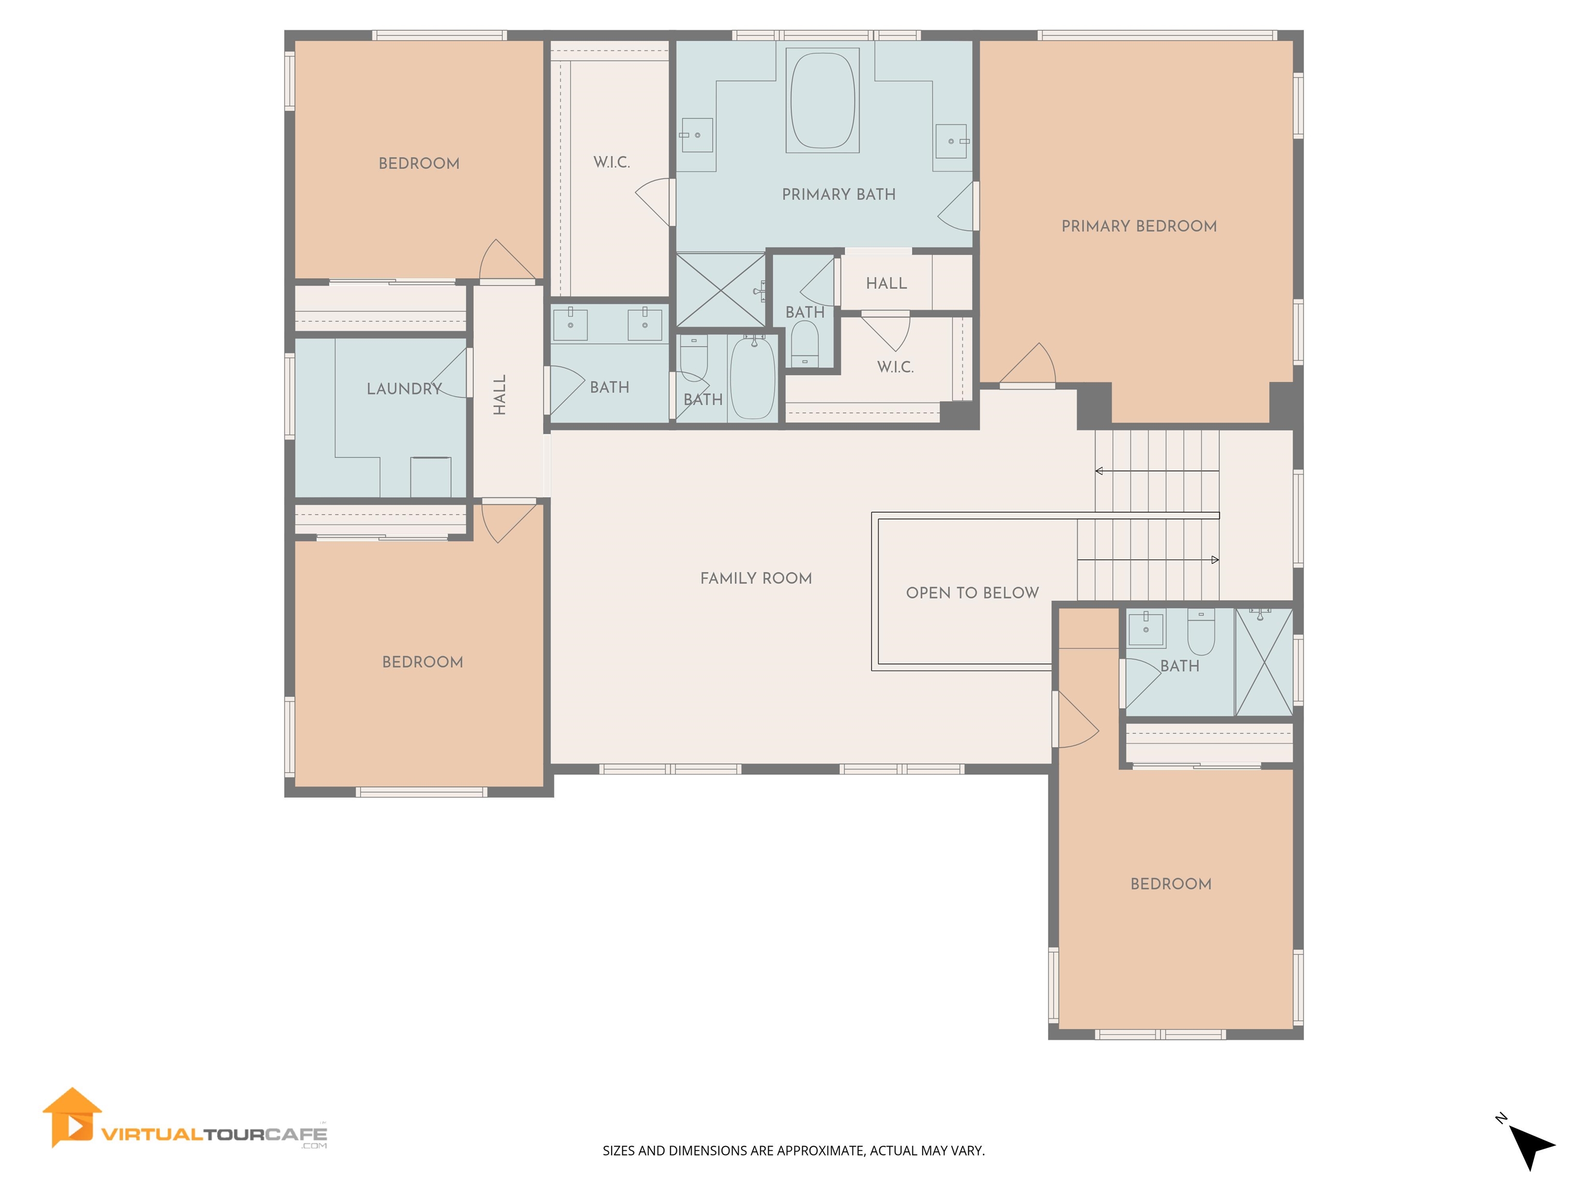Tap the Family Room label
(x=756, y=578)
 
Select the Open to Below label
(x=972, y=592)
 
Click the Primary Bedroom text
(x=1139, y=226)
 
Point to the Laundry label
(x=403, y=388)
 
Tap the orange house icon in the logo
(x=72, y=1117)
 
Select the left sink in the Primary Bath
(x=696, y=135)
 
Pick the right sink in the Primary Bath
(x=951, y=141)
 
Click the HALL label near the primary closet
(x=886, y=283)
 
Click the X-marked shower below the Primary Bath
(x=721, y=289)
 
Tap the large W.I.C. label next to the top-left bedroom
(x=612, y=162)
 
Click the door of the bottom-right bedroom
(x=1077, y=720)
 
